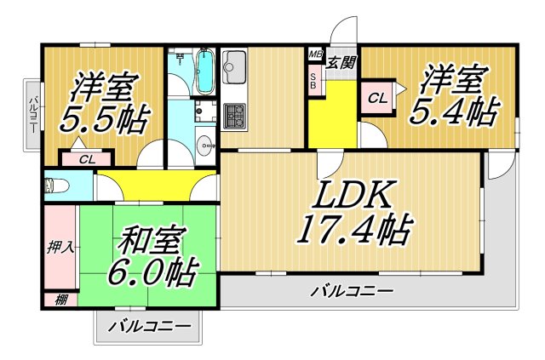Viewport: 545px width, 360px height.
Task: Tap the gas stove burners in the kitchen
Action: (x=234, y=115)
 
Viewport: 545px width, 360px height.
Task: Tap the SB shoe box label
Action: (x=313, y=82)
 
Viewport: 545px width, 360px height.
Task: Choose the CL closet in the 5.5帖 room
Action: (x=87, y=158)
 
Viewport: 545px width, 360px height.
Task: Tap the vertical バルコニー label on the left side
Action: (x=32, y=115)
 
